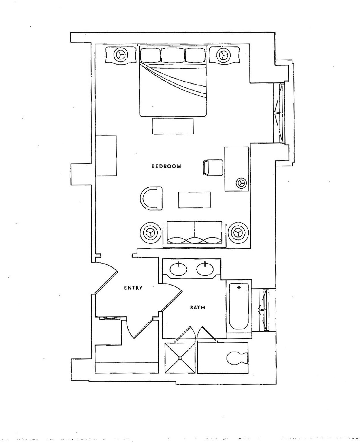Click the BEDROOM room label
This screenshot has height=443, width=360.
167,166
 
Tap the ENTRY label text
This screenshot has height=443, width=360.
133,288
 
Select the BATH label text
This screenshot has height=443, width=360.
197,307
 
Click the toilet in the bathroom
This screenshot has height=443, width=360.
237,358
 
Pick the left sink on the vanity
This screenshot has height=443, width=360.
178,270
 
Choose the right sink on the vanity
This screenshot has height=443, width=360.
205,270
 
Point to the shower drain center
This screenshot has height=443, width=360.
180,358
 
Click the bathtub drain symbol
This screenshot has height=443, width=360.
239,288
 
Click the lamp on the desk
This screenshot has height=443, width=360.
241,183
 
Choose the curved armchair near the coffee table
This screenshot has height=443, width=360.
151,198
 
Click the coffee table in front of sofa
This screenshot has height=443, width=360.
194,200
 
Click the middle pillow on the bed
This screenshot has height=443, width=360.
173,55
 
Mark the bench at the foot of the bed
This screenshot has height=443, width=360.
173,126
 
